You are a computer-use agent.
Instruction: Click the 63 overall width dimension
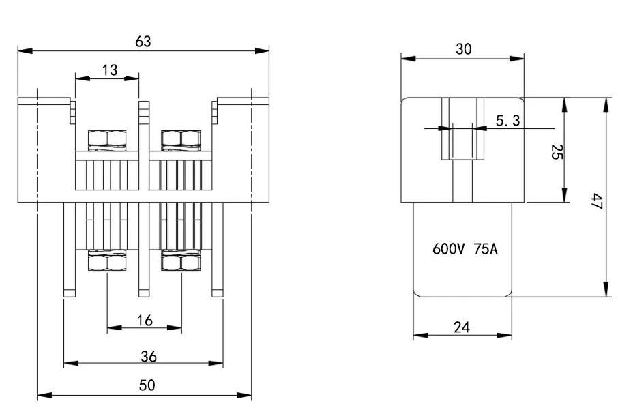click(x=143, y=42)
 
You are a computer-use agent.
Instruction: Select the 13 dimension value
click(x=109, y=70)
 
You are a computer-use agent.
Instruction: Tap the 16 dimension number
click(x=144, y=320)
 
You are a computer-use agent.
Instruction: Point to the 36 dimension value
click(x=149, y=356)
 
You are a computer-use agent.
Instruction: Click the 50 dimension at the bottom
click(x=147, y=385)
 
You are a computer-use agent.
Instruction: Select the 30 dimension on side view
click(x=464, y=49)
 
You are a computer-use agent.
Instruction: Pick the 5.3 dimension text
click(x=507, y=121)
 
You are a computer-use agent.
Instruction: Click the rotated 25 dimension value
click(x=556, y=152)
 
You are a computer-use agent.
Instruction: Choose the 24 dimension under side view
click(x=462, y=327)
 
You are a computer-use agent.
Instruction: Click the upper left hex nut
click(x=107, y=138)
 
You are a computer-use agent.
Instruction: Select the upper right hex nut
click(x=181, y=138)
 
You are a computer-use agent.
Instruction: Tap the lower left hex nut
click(x=107, y=261)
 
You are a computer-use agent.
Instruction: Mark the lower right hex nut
click(x=181, y=261)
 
